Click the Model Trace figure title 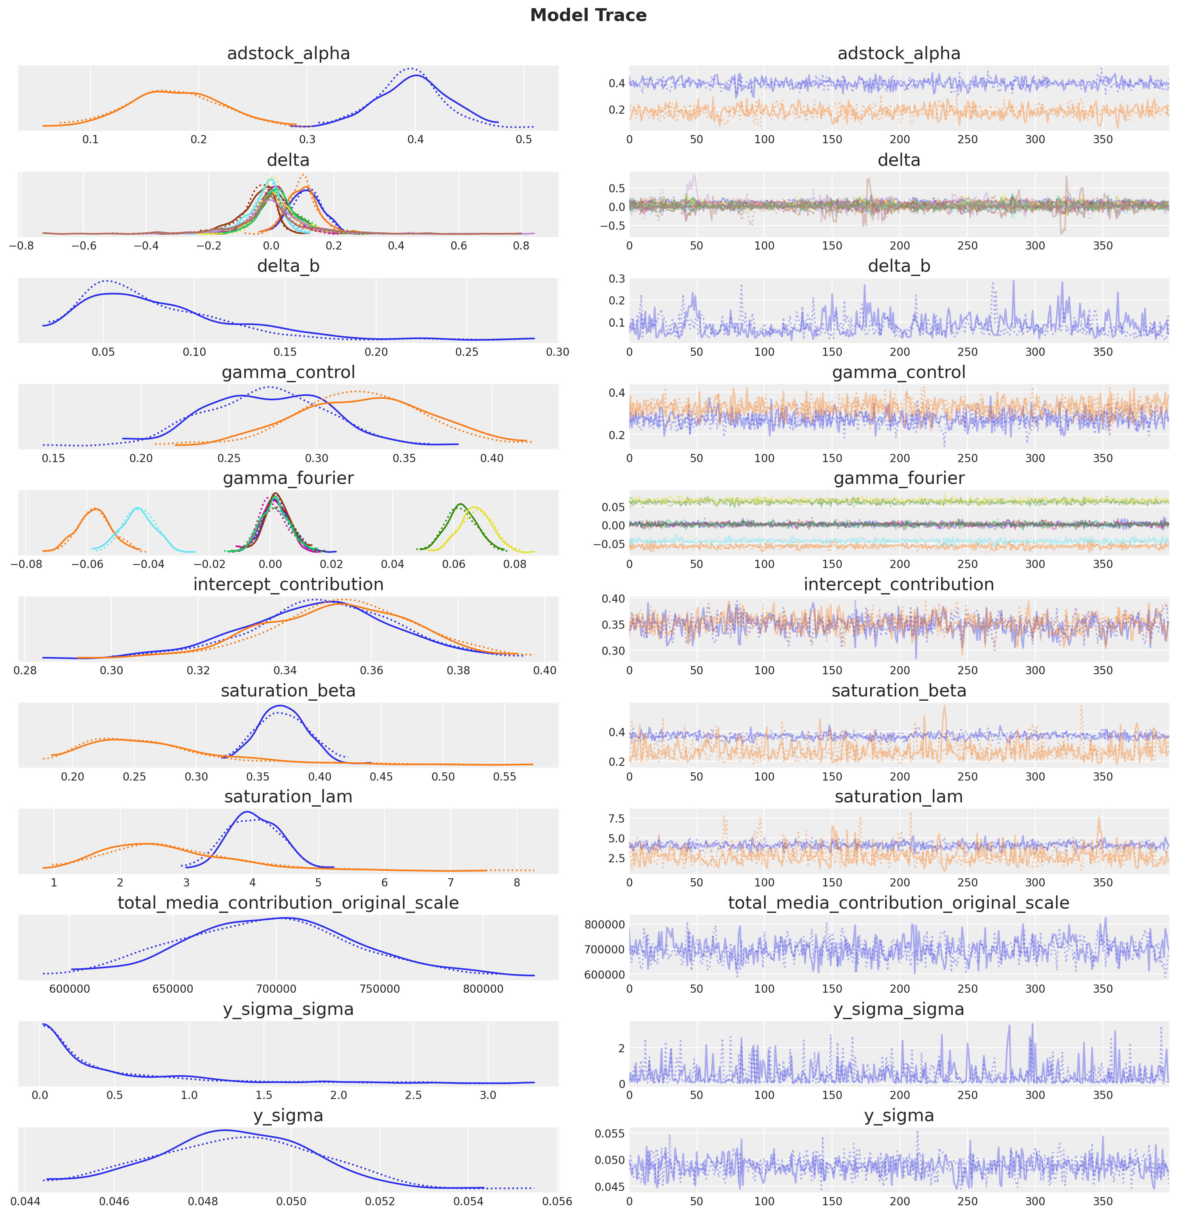[588, 16]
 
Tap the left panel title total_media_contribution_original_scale [289, 903]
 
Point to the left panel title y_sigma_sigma [289, 1009]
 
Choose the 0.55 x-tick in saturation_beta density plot [504, 777]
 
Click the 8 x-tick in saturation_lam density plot [517, 883]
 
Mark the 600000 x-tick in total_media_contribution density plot [69, 989]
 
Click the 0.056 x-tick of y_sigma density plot [557, 1201]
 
